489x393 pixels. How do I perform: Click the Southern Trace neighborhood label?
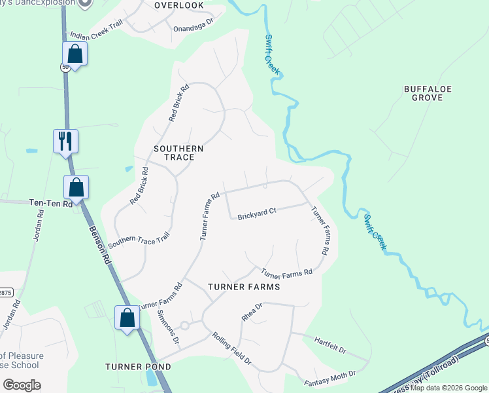pos(178,153)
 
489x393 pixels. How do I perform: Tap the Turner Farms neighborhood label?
pos(244,287)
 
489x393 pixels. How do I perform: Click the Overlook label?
pos(178,5)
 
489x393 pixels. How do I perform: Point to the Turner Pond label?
pos(133,366)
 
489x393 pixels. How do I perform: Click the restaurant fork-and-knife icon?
pos(65,140)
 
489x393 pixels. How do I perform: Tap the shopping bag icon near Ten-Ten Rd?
pos(76,187)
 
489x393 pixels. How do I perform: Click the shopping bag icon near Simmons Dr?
pos(127,318)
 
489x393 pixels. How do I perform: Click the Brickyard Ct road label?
pos(257,214)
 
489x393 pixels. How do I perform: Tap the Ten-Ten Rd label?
pos(51,204)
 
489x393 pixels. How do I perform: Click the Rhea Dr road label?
pos(252,311)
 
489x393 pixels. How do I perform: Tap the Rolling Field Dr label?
pos(232,348)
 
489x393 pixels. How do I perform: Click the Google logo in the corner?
pos(22,385)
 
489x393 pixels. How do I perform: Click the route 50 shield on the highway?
pos(65,67)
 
